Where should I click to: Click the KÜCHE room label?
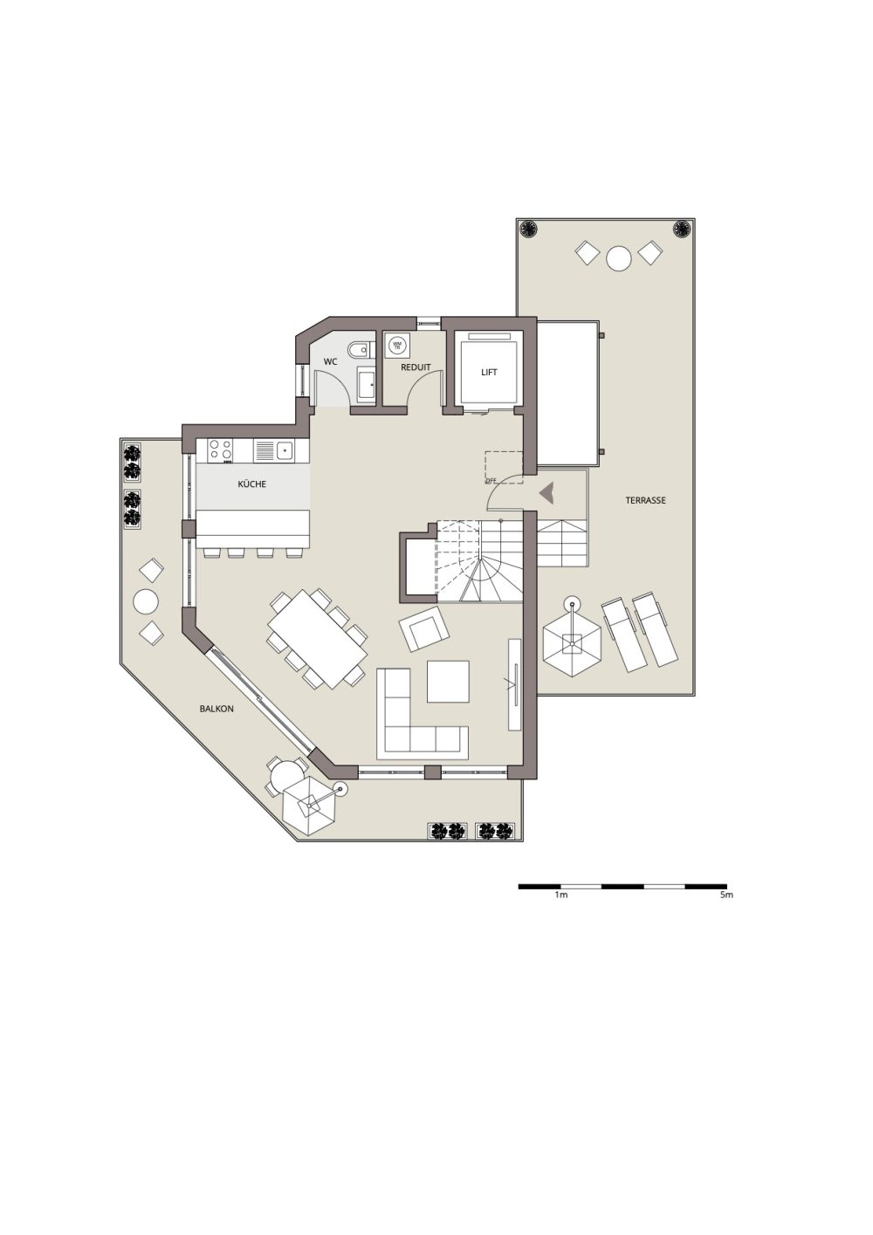[252, 484]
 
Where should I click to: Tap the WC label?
[331, 361]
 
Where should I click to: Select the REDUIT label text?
[416, 367]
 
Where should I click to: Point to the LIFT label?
[489, 373]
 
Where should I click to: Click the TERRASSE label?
[645, 501]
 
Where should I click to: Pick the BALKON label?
[217, 710]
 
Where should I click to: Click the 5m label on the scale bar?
[726, 896]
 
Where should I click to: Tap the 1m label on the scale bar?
[560, 896]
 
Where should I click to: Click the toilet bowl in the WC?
[358, 350]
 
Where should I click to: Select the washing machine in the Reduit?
[398, 346]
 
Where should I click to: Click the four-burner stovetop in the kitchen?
[221, 450]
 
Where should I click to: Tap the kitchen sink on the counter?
[284, 450]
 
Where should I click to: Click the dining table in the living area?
[317, 638]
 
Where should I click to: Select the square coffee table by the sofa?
[448, 682]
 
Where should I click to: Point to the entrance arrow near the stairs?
[546, 493]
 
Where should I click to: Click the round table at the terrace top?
[619, 258]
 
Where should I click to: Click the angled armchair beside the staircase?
[423, 628]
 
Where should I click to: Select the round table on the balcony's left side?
[145, 601]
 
